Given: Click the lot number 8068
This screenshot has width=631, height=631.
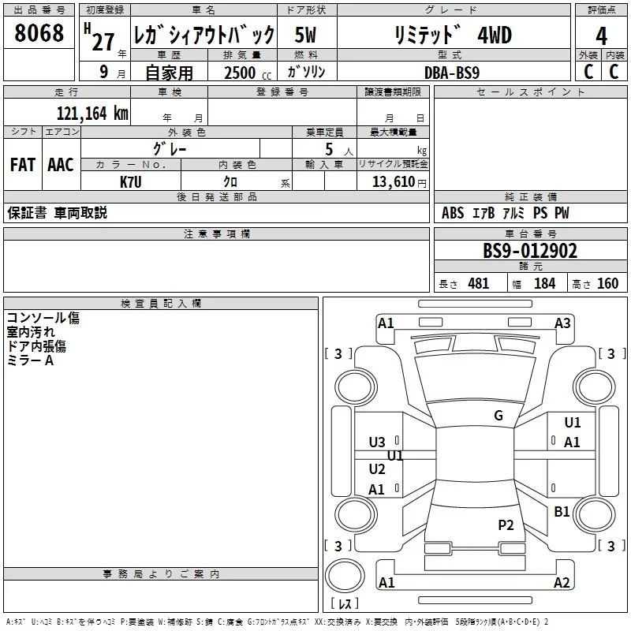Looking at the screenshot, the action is click(39, 33).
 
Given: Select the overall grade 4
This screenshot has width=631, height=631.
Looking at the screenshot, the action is click(601, 36).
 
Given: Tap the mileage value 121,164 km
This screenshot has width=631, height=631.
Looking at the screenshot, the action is click(92, 114).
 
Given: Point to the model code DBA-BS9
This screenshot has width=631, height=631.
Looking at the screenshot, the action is click(452, 73).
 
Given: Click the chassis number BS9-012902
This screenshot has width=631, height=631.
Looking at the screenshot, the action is click(530, 251).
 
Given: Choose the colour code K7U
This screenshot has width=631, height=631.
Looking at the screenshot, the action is click(131, 182).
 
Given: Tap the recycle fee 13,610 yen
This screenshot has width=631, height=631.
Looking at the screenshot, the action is click(399, 182).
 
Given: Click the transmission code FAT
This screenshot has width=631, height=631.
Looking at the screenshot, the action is click(23, 165).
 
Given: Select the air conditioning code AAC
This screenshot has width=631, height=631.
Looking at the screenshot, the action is click(61, 165).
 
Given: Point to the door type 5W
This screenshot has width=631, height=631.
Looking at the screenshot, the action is click(305, 35).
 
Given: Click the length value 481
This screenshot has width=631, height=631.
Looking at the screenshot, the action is click(479, 284).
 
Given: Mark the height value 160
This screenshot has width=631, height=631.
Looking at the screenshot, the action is click(607, 284).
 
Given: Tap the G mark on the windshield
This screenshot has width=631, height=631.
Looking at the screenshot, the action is click(498, 416).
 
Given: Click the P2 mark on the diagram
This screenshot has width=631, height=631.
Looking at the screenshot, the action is click(506, 525).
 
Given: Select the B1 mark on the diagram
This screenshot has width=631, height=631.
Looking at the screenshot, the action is click(562, 511).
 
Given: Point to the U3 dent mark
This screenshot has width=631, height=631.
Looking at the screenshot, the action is click(377, 442).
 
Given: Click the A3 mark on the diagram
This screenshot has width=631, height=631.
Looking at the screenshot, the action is click(562, 323).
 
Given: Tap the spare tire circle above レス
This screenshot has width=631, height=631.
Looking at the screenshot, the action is click(345, 576).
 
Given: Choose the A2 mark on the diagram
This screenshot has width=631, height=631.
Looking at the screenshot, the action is click(562, 583).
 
